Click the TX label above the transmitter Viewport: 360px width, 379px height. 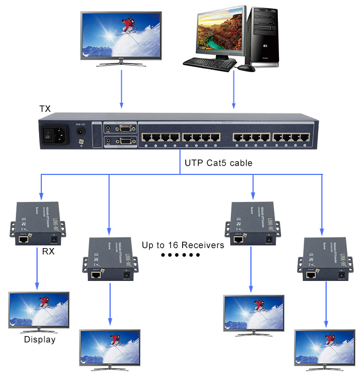coord(45,109)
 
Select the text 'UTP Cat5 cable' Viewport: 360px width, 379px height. coord(218,163)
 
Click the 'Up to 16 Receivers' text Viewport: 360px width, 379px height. coord(183,245)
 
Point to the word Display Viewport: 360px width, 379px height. coord(40,339)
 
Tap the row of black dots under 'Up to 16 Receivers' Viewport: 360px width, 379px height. coord(180,255)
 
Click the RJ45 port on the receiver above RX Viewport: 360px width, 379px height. coord(24,240)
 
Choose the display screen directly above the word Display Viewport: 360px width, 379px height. coord(39,309)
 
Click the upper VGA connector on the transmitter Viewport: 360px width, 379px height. coord(125,128)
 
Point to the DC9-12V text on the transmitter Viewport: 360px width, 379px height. coord(81,125)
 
